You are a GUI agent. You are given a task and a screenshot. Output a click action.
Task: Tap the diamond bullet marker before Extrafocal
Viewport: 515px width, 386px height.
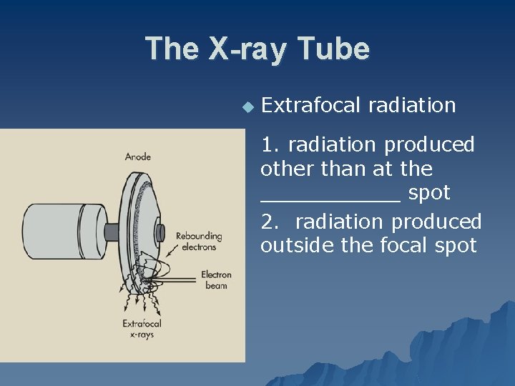247,107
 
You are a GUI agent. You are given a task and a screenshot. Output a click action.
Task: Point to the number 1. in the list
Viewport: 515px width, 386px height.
270,144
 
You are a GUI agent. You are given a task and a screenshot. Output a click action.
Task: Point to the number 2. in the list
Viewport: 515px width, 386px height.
271,222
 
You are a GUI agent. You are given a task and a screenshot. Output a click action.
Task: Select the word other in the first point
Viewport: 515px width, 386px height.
280,169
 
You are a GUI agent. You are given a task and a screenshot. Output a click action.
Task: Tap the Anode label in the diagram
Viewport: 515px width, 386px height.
137,157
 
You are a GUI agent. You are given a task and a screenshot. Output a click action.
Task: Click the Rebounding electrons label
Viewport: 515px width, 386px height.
198,242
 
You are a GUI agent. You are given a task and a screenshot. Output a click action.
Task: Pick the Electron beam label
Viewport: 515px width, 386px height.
215,279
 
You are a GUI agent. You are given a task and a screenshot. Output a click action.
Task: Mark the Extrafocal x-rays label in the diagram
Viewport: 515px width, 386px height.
142,329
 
